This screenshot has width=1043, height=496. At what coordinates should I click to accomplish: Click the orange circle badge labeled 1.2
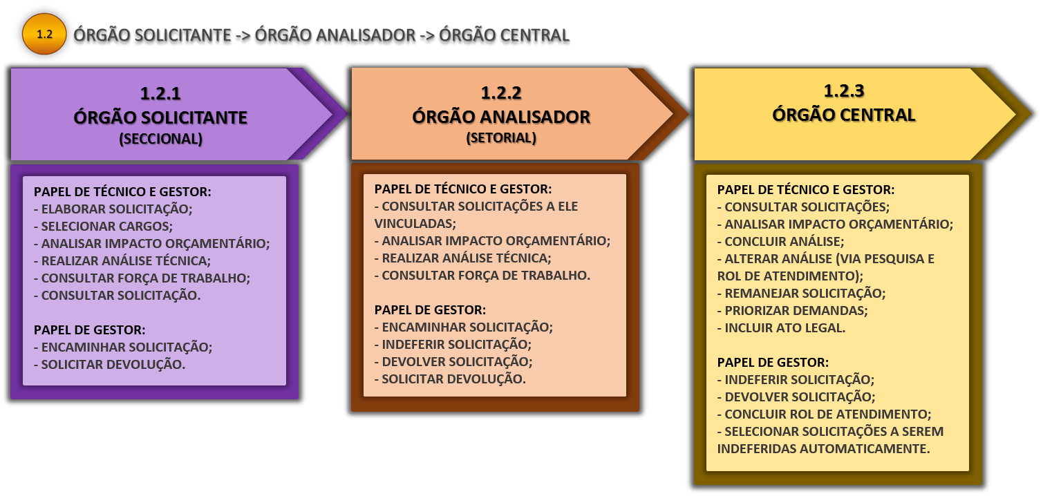[44, 33]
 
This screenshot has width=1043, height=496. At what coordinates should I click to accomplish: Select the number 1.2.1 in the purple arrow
[160, 93]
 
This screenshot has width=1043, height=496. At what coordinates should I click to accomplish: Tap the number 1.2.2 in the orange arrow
[501, 92]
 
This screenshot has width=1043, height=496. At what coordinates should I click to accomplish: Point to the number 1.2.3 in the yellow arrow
[844, 90]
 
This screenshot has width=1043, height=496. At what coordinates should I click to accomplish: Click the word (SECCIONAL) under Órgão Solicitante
[160, 139]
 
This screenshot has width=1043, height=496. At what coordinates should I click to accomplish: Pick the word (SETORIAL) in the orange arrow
[501, 137]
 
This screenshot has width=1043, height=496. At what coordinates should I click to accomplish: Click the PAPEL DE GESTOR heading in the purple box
[89, 330]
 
